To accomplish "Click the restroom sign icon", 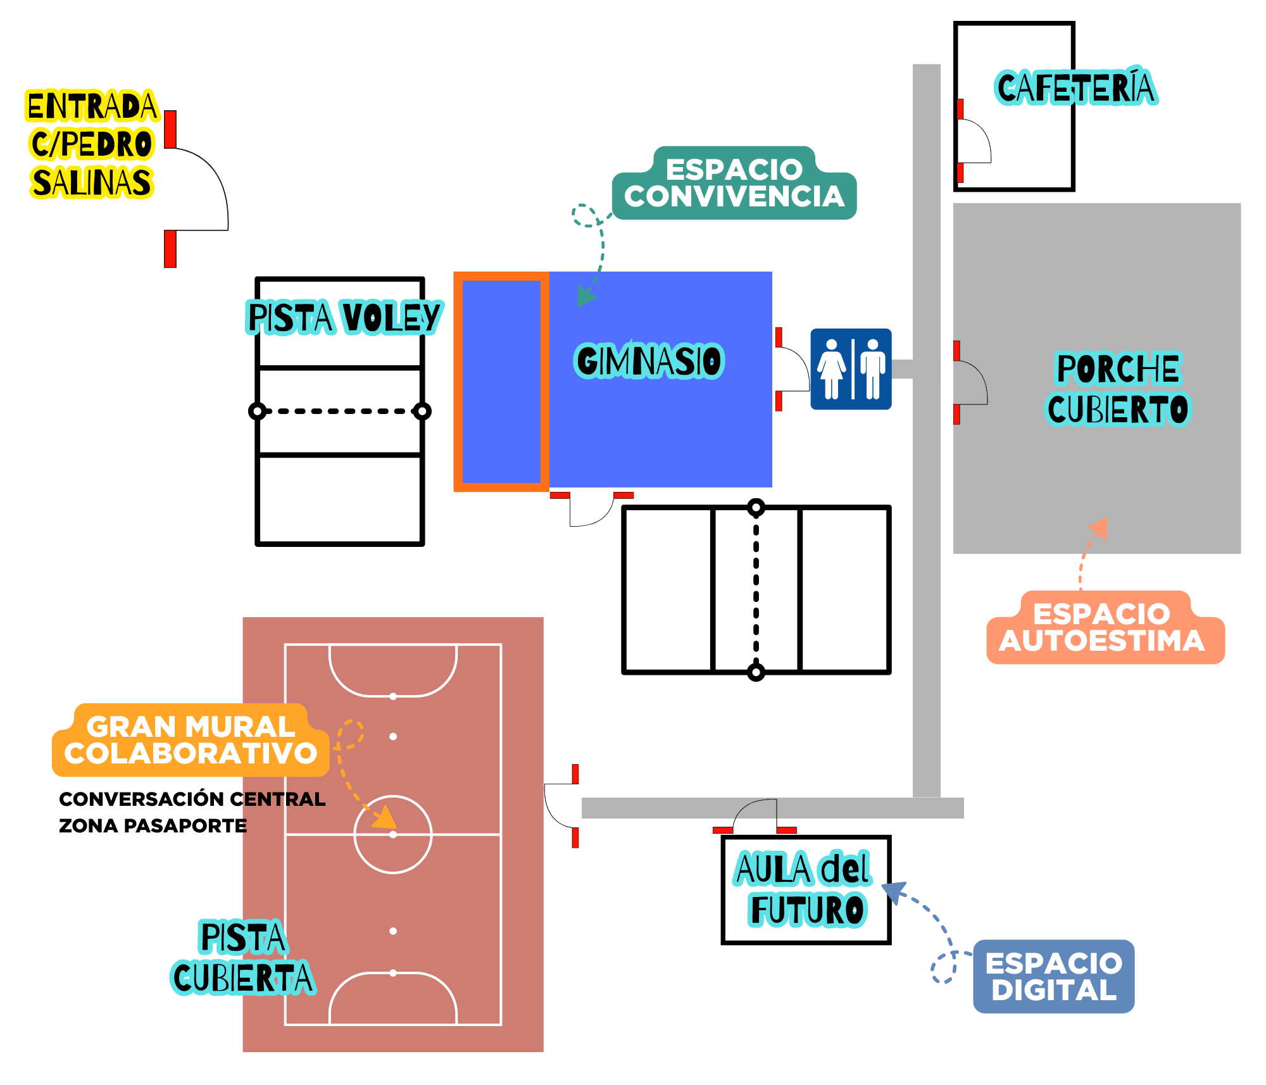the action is [851, 369].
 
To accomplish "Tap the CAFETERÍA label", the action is [1075, 87].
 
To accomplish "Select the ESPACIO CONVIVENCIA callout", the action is [734, 183].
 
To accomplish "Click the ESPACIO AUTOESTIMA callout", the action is [1105, 627].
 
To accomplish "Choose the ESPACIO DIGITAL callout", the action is [1053, 976].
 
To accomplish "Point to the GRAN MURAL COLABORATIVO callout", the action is [191, 740].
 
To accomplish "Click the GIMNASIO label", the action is [649, 361].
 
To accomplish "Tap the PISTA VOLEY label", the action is [344, 317].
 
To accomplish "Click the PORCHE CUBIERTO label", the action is [1119, 388].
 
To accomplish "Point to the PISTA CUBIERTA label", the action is [243, 956].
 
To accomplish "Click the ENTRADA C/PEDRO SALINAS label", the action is [92, 144].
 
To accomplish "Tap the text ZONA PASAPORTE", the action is [153, 826].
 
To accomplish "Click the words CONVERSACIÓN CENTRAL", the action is [192, 799].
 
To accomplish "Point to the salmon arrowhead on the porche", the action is [1100, 528].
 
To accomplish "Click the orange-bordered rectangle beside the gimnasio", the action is [501, 382].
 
